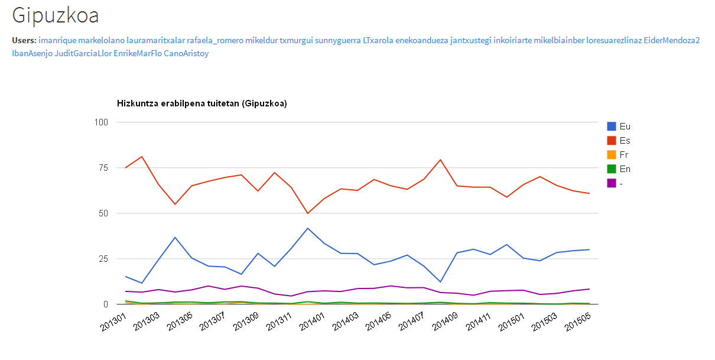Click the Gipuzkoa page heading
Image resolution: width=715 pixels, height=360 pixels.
(55, 15)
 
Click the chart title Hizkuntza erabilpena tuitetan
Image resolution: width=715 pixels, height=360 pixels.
(201, 103)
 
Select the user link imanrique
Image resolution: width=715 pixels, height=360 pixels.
(57, 41)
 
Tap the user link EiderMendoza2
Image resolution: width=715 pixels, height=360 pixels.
(672, 41)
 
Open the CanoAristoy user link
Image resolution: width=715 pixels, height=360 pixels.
(186, 53)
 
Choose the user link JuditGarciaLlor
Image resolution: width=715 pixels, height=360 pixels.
(83, 53)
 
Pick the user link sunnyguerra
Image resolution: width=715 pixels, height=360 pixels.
(338, 41)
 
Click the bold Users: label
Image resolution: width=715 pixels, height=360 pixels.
(24, 41)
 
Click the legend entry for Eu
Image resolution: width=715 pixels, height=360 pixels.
(619, 127)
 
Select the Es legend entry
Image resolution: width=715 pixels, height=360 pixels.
(619, 141)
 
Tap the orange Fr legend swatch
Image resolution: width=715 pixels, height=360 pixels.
(611, 155)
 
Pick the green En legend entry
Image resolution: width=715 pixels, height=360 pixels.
(619, 169)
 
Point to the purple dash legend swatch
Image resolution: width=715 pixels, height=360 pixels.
(611, 183)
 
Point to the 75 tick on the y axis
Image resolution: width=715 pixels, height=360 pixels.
(103, 168)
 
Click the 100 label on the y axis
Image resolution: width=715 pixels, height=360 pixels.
(101, 122)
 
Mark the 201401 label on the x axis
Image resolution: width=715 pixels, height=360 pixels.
(312, 322)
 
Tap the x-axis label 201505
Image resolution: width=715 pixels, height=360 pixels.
(577, 322)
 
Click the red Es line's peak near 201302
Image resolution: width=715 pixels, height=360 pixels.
(142, 157)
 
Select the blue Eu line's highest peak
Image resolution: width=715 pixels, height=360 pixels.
(307, 228)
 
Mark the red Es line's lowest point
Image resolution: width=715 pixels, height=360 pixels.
(307, 213)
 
